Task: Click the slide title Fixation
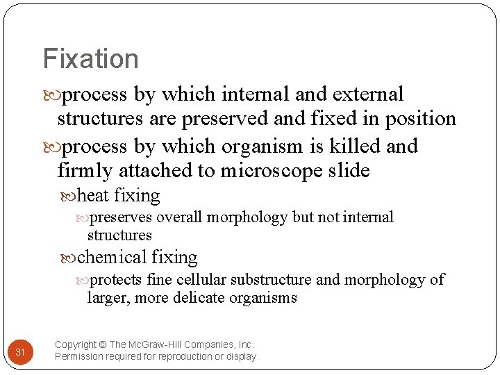coord(90,58)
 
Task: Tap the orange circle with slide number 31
coord(20,353)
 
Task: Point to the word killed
coord(346,146)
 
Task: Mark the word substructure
coord(271,280)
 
